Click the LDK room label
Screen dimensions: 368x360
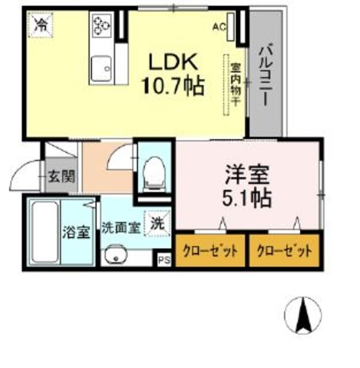[x=174, y=62]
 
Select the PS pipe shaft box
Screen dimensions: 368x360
[x=164, y=259]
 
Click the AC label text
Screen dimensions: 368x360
[x=219, y=26]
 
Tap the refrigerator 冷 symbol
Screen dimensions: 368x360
[x=42, y=24]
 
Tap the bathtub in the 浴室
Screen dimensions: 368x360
[x=44, y=232]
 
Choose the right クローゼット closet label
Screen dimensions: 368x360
[x=284, y=251]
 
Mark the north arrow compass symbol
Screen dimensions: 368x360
[x=303, y=315]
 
